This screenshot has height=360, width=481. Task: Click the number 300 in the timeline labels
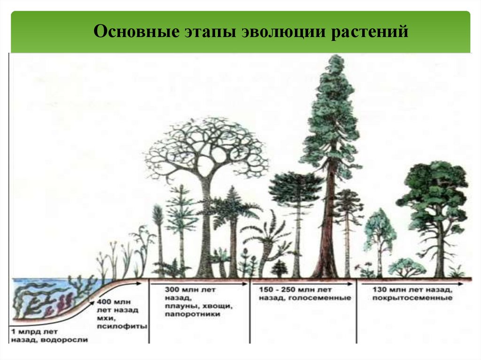(171, 289)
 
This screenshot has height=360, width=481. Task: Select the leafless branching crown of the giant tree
(207, 146)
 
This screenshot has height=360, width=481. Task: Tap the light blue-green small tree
(380, 230)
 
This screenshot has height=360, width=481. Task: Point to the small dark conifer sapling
(279, 268)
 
